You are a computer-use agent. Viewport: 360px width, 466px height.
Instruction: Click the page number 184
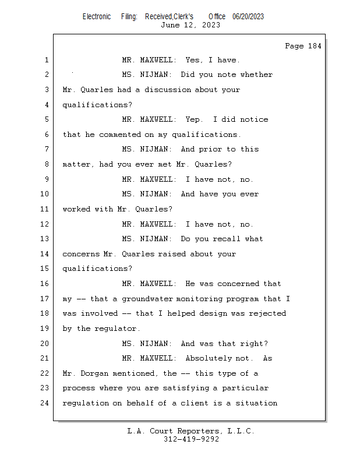pos(315,46)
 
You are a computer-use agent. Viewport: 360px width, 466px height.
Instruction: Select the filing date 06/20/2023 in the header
pos(248,17)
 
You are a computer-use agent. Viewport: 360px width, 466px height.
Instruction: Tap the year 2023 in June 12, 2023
pos(211,25)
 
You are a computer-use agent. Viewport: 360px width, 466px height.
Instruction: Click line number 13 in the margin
pos(45,239)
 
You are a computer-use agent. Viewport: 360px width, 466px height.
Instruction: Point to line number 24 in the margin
pos(45,403)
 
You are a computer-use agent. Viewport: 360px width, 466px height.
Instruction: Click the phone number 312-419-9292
pos(191,439)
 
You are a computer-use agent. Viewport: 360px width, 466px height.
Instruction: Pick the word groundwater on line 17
pos(147,299)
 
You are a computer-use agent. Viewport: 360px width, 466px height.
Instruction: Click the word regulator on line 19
pos(116,329)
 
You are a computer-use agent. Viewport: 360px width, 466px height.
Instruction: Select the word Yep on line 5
pos(192,119)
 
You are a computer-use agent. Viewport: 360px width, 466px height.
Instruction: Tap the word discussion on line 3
pos(168,90)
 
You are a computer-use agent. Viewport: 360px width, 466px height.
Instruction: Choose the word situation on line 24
pos(256,403)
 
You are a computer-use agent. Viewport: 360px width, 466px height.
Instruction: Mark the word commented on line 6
pos(120,135)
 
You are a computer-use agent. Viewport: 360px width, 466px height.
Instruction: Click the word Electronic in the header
pos(97,17)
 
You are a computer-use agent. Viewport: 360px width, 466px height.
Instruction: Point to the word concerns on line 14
pos(80,255)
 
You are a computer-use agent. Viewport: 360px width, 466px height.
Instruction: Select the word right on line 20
pos(255,344)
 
